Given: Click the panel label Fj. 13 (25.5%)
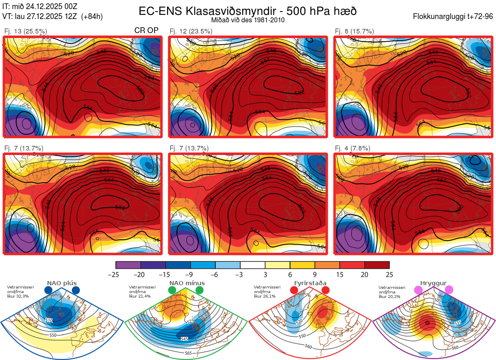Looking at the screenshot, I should pyautogui.click(x=26, y=31).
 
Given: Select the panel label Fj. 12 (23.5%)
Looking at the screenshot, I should pyautogui.click(x=191, y=31).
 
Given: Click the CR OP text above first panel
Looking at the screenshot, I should pyautogui.click(x=146, y=31).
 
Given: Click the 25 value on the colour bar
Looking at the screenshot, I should pyautogui.click(x=389, y=274).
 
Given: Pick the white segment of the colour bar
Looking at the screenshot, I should pyautogui.click(x=253, y=265).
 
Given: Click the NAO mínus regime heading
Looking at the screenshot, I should pyautogui.click(x=187, y=283).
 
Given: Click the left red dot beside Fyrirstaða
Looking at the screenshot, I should pyautogui.click(x=294, y=291).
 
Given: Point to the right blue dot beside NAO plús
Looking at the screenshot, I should pyautogui.click(x=76, y=291).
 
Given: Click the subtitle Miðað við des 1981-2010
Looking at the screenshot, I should pyautogui.click(x=248, y=20).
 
